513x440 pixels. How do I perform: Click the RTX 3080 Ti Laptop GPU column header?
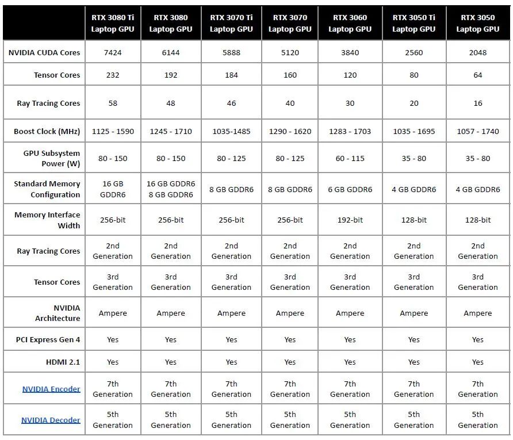point(113,23)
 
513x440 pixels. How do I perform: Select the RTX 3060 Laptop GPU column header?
point(350,23)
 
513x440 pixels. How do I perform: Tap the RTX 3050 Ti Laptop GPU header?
point(414,23)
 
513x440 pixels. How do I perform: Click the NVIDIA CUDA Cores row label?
point(44,52)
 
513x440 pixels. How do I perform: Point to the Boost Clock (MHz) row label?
point(47,131)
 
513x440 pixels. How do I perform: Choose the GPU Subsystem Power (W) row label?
point(52,158)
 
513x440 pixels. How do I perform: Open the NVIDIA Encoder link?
point(51,389)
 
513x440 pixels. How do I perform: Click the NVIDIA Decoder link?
point(51,420)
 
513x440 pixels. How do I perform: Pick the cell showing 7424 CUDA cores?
point(113,52)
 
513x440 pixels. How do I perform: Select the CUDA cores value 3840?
point(350,52)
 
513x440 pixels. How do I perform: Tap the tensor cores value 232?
point(113,75)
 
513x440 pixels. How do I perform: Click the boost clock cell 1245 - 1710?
point(171,131)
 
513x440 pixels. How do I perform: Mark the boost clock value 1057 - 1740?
point(478,131)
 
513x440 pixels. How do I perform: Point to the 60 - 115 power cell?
point(350,158)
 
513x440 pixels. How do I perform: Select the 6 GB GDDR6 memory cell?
point(350,189)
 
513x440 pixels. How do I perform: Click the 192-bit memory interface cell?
point(350,220)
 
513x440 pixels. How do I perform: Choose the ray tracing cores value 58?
point(113,103)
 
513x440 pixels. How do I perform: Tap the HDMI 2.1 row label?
point(63,362)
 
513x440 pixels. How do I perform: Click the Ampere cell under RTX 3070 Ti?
point(231,313)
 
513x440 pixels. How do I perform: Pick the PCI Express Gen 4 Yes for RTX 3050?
point(478,339)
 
